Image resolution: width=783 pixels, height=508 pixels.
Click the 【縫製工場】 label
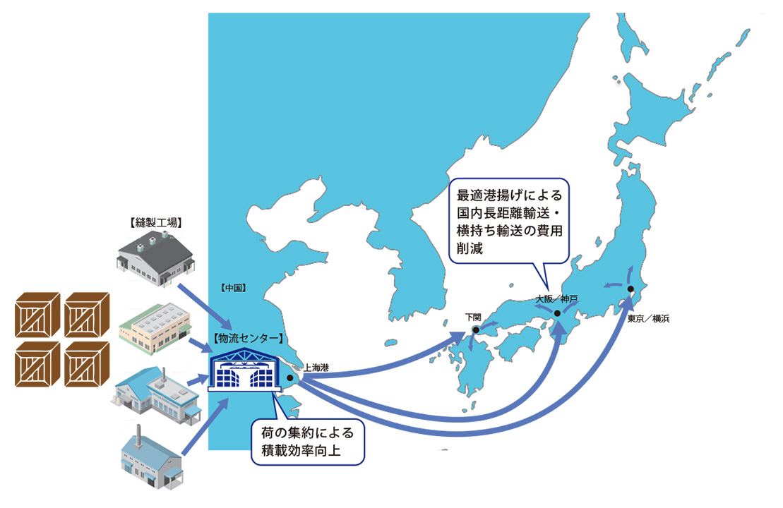pos(156,222)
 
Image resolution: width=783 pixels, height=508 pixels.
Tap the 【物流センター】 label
pos(249,339)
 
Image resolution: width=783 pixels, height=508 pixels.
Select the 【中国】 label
pos(234,288)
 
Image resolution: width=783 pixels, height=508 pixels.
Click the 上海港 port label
pos(316,368)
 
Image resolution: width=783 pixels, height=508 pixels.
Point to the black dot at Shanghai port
pos(289,377)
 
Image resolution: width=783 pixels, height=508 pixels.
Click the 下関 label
pos(473,317)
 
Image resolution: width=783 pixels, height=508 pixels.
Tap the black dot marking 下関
pos(476,330)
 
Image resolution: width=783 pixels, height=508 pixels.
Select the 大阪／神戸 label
pos(556,299)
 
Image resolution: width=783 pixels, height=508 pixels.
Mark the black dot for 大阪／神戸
pos(557,313)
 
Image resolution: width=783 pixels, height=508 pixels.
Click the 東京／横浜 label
pos(648,319)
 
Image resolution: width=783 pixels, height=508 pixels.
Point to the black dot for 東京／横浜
pos(630,289)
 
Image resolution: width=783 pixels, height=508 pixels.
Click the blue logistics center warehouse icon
pos(244,370)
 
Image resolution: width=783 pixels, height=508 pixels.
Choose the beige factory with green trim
pos(155,328)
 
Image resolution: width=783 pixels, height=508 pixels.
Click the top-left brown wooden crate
pos(37,315)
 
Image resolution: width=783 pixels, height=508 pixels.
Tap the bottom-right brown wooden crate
pos(87,364)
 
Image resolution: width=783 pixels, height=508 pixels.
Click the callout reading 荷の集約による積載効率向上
pos(308,442)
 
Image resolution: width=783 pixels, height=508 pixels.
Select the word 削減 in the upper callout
pos(470,248)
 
